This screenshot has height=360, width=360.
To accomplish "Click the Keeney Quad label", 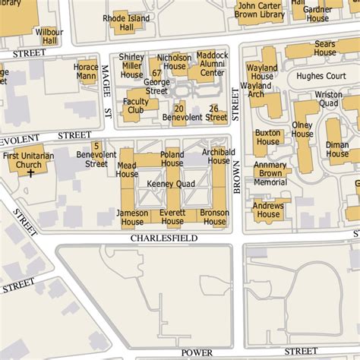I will point(171,184).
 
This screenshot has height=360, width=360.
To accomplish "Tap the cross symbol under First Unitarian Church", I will point(31,174).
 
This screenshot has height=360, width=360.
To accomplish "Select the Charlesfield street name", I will point(163,238).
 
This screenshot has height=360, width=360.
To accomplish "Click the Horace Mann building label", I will point(86,72).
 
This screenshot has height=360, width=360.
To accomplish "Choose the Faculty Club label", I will point(136,106).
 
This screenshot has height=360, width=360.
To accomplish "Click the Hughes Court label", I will point(320,77).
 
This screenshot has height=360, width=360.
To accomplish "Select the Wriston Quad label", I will point(328,99).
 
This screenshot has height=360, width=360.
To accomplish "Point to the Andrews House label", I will point(268,210).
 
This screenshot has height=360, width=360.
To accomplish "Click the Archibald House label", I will point(216,156).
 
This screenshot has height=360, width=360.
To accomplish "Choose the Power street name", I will point(197,352).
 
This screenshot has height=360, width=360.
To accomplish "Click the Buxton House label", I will point(269,137).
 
